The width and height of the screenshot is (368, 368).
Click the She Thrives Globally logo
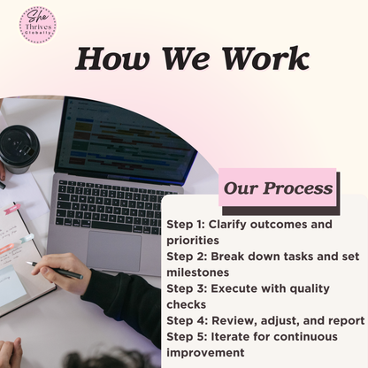tap(38, 26)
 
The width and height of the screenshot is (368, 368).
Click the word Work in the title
tap(265, 58)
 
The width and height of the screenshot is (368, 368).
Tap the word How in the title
tap(112, 58)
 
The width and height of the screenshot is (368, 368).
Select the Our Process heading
tap(278, 188)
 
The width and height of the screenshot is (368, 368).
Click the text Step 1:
tap(186, 225)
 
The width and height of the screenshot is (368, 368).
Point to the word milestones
tap(198, 272)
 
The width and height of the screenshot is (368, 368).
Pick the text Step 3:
tap(187, 288)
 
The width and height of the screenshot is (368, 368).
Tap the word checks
tap(187, 304)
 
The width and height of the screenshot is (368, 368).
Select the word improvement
tap(205, 353)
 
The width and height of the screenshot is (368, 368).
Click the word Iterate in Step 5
tap(230, 336)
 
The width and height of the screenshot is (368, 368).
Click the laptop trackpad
tap(114, 251)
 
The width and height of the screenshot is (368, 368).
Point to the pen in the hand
tap(55, 270)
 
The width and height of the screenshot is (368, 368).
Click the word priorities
tap(193, 241)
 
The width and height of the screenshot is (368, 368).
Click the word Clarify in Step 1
tap(227, 225)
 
